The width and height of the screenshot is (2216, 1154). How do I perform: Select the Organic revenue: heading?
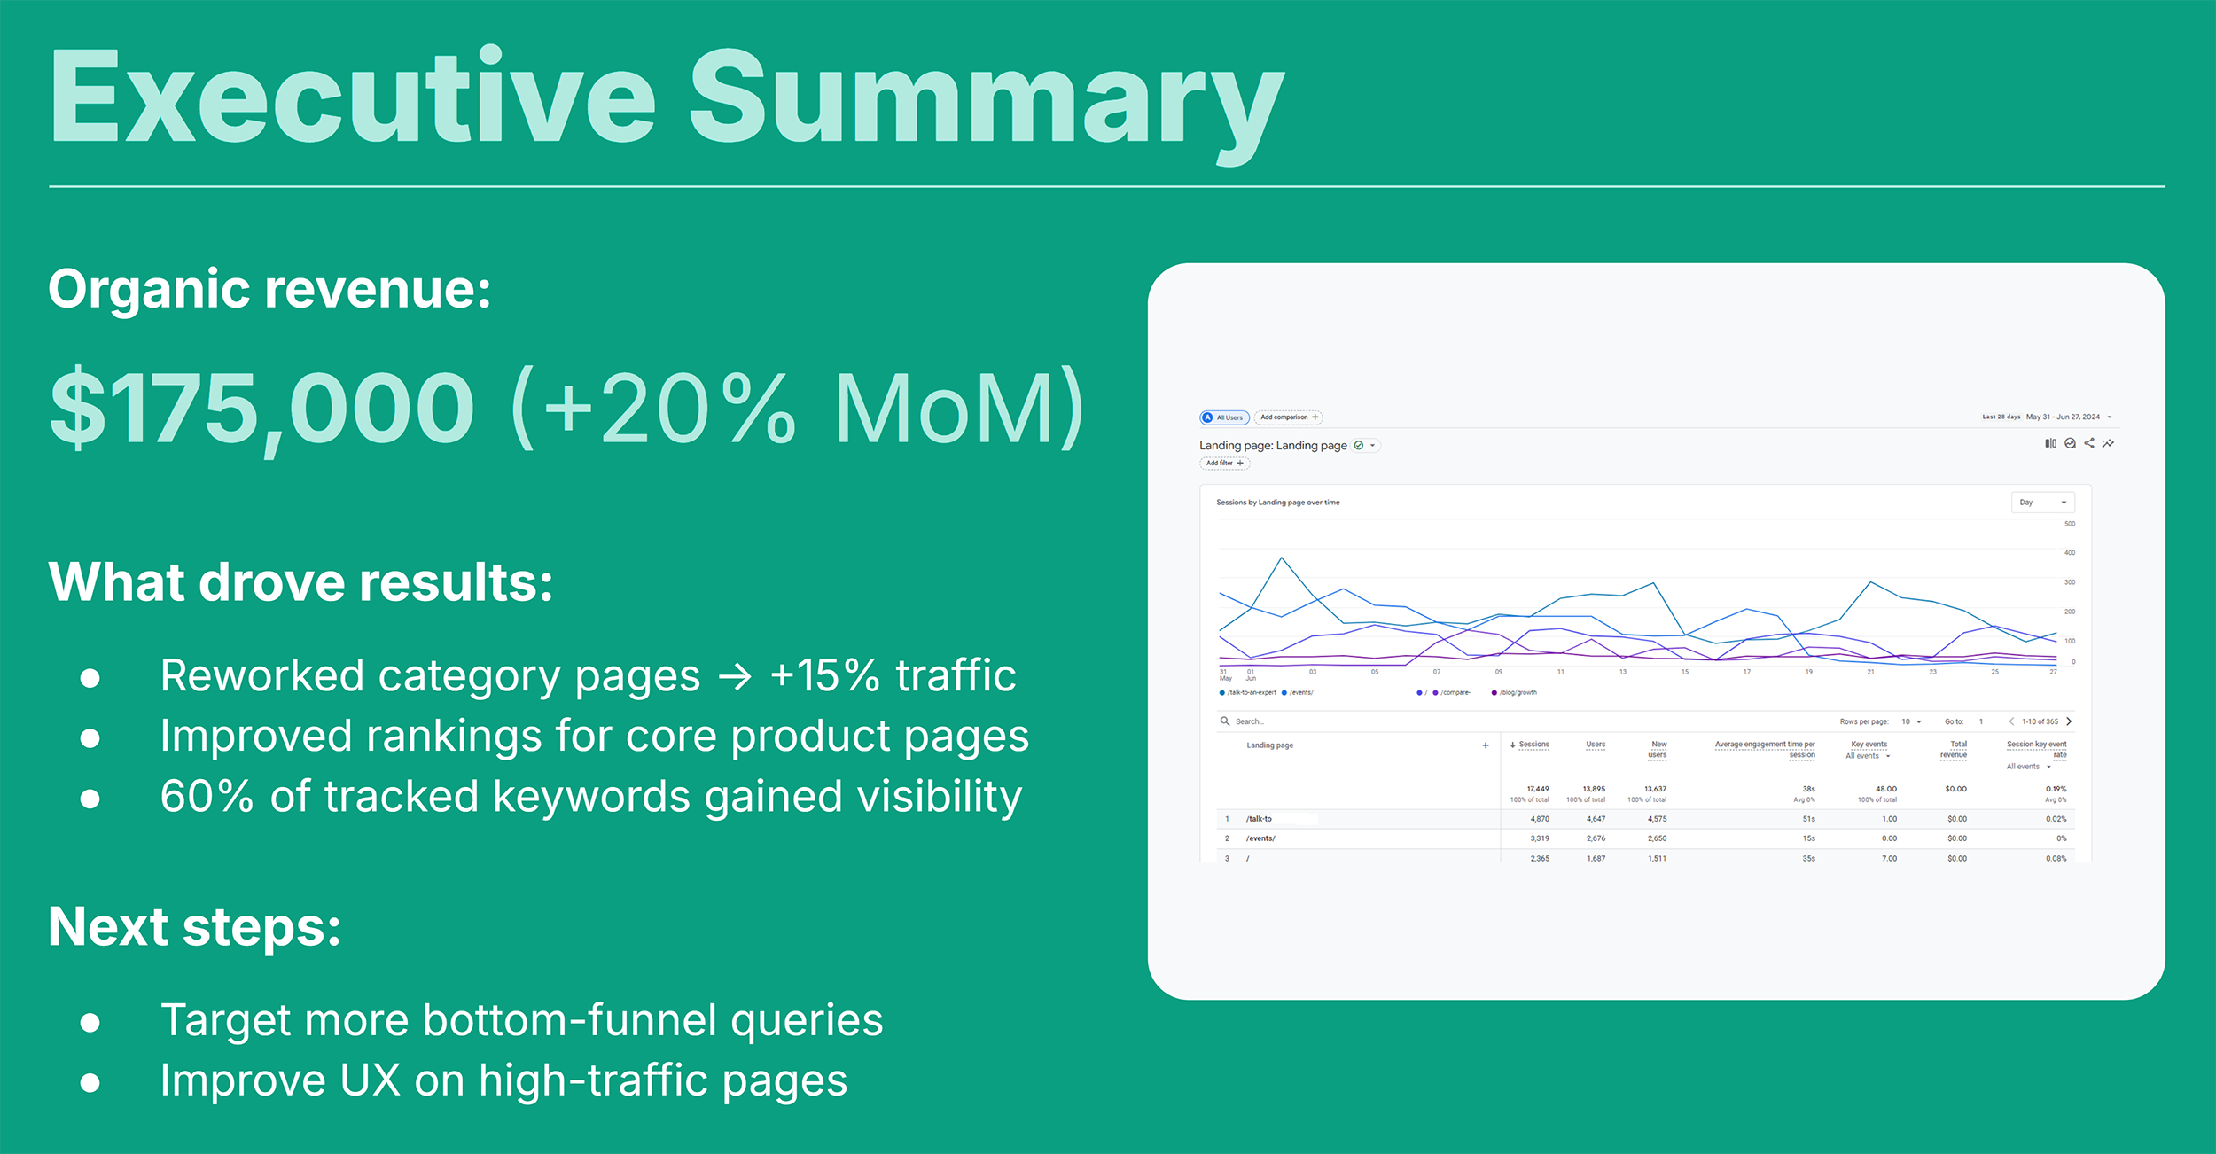(269, 289)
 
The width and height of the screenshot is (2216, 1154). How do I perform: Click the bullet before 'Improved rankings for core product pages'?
(90, 738)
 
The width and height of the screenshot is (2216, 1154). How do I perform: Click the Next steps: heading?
(194, 927)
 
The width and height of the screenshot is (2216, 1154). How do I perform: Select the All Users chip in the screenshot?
(1224, 417)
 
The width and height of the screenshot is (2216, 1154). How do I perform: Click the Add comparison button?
(1288, 417)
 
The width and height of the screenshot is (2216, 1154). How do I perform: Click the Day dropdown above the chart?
(2042, 503)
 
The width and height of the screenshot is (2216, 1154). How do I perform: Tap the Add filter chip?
(1224, 463)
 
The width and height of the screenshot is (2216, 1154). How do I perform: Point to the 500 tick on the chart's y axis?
(2070, 524)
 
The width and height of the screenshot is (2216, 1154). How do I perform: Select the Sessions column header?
(1533, 745)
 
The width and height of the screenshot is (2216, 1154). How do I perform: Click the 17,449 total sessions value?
(1537, 789)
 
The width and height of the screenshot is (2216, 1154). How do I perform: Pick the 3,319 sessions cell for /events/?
(1539, 838)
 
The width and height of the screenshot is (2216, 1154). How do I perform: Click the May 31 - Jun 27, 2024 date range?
(2063, 417)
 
